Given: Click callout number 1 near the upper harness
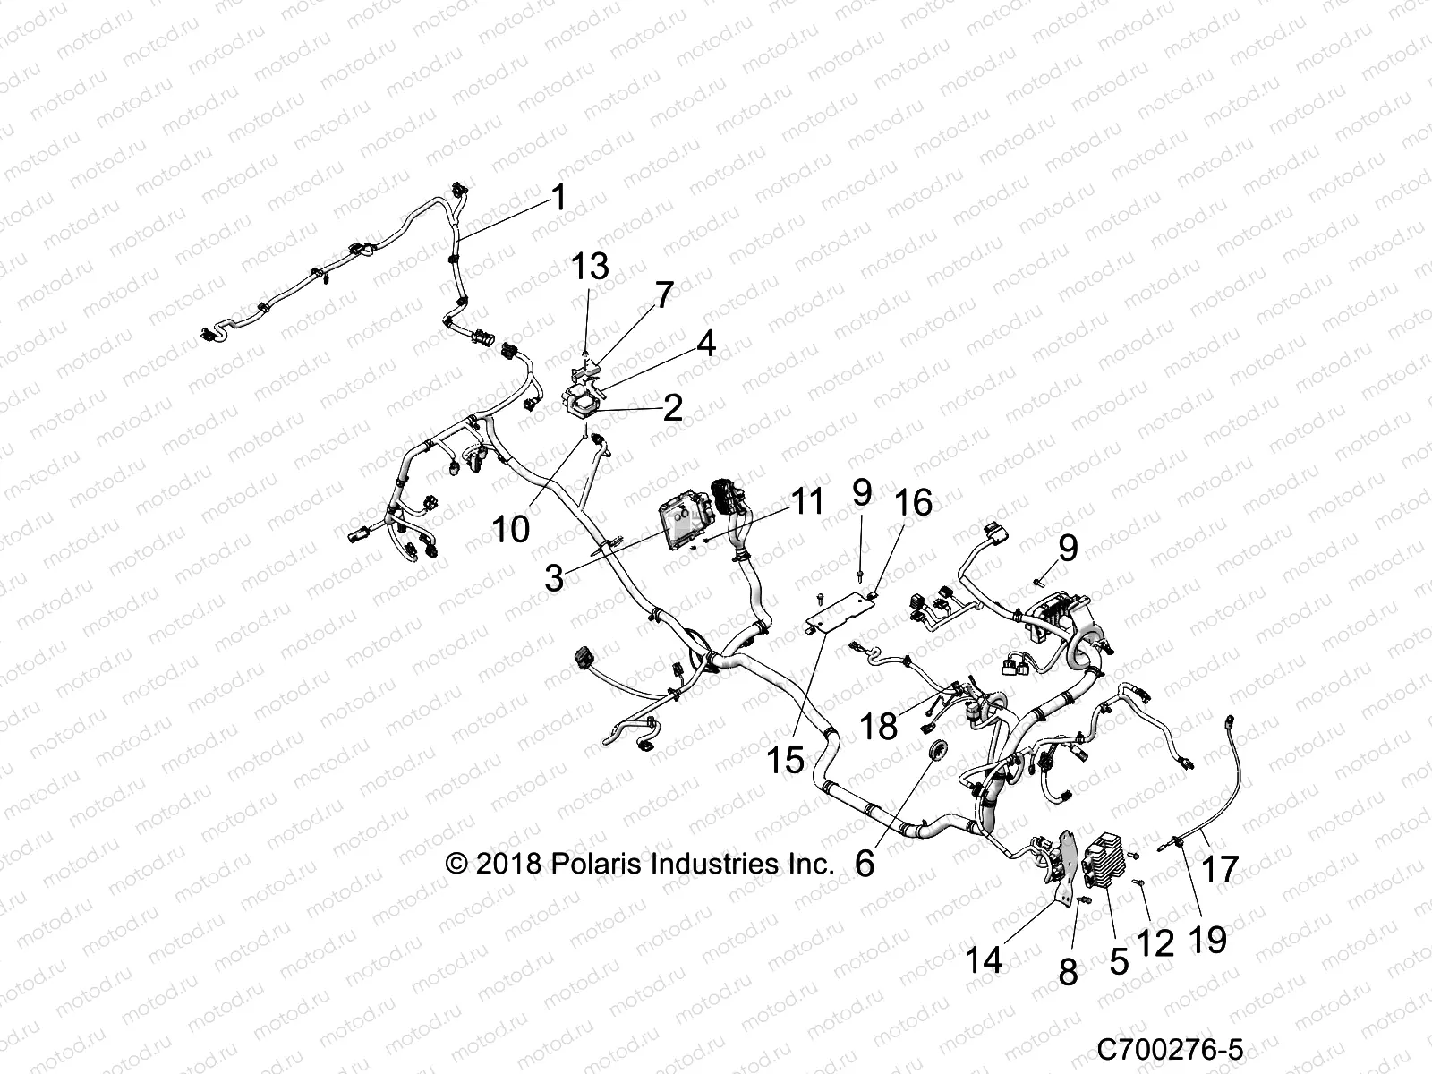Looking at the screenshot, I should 558,197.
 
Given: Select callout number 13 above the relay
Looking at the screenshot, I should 591,266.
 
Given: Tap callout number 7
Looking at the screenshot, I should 663,294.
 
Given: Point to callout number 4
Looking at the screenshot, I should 707,343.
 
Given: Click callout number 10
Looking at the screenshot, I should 511,529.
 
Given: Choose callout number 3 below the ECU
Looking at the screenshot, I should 555,577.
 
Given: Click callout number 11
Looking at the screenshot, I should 808,501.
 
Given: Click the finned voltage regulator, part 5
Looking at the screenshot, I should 1108,858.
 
